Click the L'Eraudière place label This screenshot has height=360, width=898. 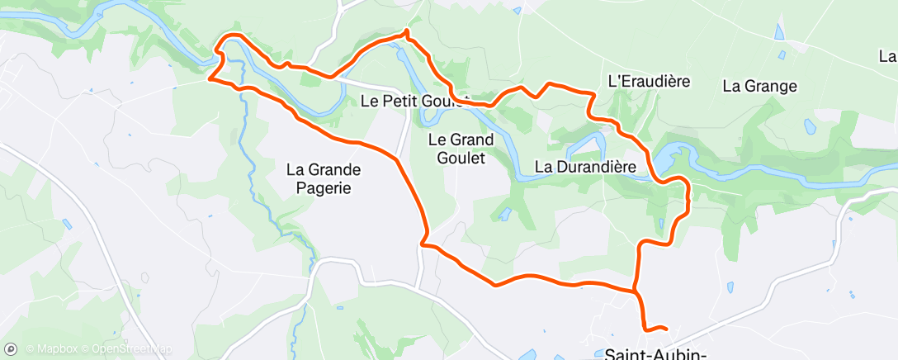[x=648, y=82]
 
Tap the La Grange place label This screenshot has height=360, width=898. [x=759, y=85]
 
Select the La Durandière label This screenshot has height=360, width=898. [x=585, y=167]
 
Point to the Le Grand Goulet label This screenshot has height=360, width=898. [x=461, y=149]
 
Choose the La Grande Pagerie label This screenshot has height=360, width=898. [x=324, y=179]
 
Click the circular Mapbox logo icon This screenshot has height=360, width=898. [x=11, y=348]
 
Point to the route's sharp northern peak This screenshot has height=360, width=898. [x=406, y=32]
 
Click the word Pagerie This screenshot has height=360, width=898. [x=324, y=188]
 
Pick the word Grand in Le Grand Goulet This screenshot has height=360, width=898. [x=472, y=140]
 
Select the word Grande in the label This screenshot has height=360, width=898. [x=334, y=170]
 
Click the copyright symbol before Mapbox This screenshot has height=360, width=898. [x=30, y=348]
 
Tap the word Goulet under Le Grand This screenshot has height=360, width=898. [x=461, y=157]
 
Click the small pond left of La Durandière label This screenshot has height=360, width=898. [x=503, y=216]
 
